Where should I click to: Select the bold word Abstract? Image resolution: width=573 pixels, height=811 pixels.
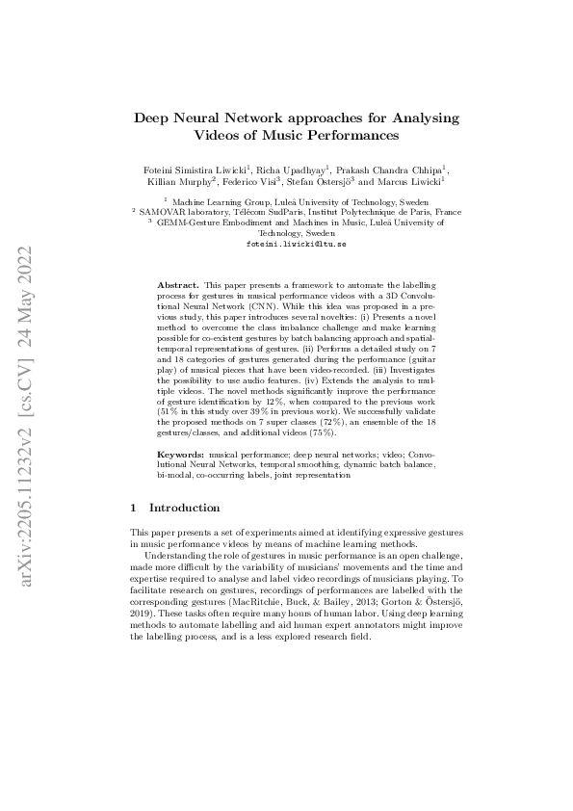coord(177,286)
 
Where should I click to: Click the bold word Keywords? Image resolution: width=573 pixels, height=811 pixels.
coord(180,452)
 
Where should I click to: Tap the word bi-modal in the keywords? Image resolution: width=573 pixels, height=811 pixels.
coord(172,474)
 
